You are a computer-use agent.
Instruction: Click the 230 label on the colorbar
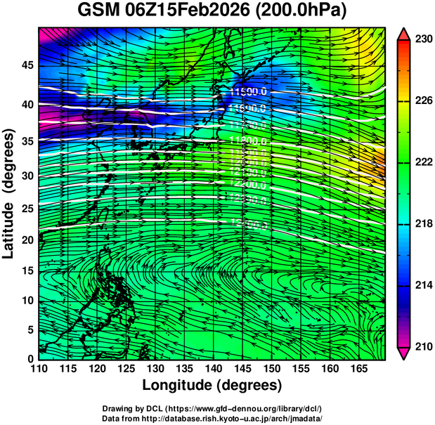(422, 39)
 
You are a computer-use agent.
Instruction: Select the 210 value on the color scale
(422, 346)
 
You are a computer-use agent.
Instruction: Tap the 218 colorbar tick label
(422, 223)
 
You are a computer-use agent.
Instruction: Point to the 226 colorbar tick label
(422, 100)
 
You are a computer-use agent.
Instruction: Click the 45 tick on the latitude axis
(26, 65)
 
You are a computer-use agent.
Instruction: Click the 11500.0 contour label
(248, 92)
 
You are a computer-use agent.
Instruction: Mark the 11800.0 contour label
(248, 143)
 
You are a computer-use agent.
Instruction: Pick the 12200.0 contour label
(248, 185)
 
